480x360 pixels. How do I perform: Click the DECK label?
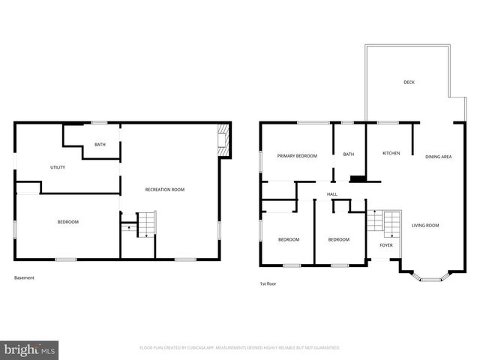pyautogui.click(x=409, y=82)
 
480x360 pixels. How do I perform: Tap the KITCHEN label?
pyautogui.click(x=391, y=153)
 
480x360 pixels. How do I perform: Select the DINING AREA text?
pyautogui.click(x=438, y=157)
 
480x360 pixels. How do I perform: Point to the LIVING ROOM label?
pyautogui.click(x=425, y=225)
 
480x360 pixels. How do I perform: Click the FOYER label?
pyautogui.click(x=386, y=244)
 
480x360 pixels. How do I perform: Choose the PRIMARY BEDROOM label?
pyautogui.click(x=297, y=156)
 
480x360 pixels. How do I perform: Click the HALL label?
pyautogui.click(x=331, y=194)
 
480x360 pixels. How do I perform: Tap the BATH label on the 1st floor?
pyautogui.click(x=349, y=154)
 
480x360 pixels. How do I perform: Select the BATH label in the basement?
pyautogui.click(x=100, y=145)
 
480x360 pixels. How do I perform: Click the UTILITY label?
pyautogui.click(x=58, y=167)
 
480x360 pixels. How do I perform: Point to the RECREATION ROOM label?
pyautogui.click(x=164, y=190)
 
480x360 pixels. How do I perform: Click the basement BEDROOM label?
pyautogui.click(x=68, y=222)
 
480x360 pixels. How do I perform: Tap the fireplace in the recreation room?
pyautogui.click(x=221, y=139)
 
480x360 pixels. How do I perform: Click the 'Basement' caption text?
pyautogui.click(x=24, y=278)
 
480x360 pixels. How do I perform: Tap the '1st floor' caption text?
pyautogui.click(x=269, y=283)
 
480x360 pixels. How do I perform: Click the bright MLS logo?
pyautogui.click(x=30, y=349)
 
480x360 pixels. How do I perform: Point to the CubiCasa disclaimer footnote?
pyautogui.click(x=240, y=348)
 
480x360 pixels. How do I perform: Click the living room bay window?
pyautogui.click(x=429, y=278)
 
